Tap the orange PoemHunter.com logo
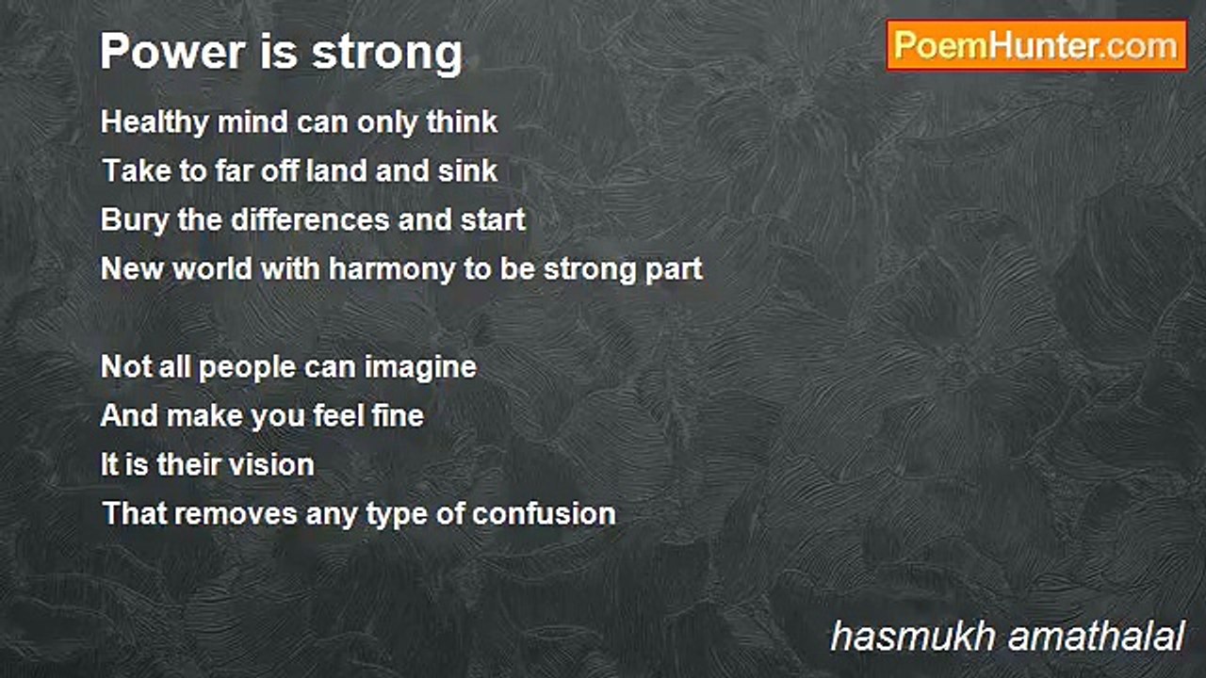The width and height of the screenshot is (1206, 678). [x=1037, y=46]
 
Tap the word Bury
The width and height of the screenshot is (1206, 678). [x=135, y=220]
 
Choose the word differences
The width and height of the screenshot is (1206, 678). [x=310, y=219]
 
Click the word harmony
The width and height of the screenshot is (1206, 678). [x=392, y=269]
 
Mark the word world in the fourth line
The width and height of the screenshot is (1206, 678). [x=212, y=268]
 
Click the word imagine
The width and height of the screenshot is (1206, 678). [x=420, y=368]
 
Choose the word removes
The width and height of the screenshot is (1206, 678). [x=236, y=514]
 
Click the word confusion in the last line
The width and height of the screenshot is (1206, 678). [x=544, y=513]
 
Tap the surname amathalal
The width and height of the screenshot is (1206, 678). [x=1096, y=637]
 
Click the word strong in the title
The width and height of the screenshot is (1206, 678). [x=387, y=54]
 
